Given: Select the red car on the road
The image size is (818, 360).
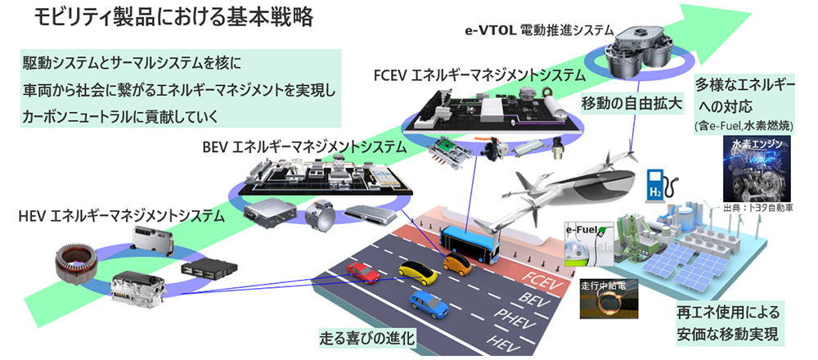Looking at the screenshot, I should [x=362, y=272].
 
